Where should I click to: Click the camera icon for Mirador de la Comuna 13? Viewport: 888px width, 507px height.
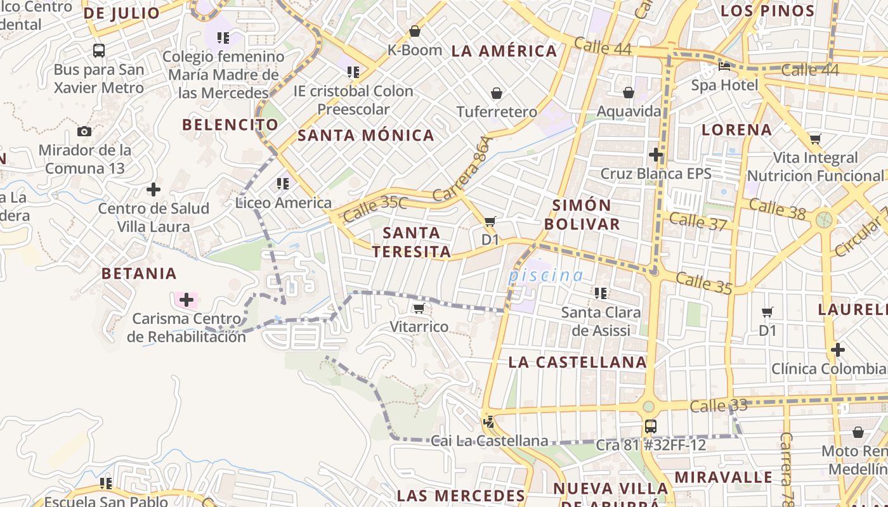point(84,132)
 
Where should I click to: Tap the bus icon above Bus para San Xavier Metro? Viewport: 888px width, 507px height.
point(99,51)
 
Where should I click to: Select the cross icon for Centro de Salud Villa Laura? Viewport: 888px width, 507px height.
point(153,189)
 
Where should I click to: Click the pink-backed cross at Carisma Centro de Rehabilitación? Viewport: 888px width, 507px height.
point(186,300)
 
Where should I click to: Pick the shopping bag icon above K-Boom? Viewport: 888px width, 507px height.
point(415,31)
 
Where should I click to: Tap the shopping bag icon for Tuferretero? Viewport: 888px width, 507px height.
point(497,94)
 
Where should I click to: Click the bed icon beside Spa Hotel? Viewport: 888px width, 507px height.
point(724,66)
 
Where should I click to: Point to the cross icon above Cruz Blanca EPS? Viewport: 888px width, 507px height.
point(656,155)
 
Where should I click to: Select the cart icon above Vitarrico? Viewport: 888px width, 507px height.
point(419,309)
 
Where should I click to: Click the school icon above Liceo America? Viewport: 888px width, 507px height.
point(283,184)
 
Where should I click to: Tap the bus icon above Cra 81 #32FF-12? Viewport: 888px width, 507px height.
point(650,427)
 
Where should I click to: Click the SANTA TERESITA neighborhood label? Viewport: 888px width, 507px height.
point(412,242)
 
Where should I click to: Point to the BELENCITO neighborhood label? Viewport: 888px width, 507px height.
point(230,125)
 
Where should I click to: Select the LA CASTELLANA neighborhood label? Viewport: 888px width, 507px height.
point(577,363)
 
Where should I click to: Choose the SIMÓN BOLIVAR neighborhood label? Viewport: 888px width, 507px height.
point(582,214)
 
